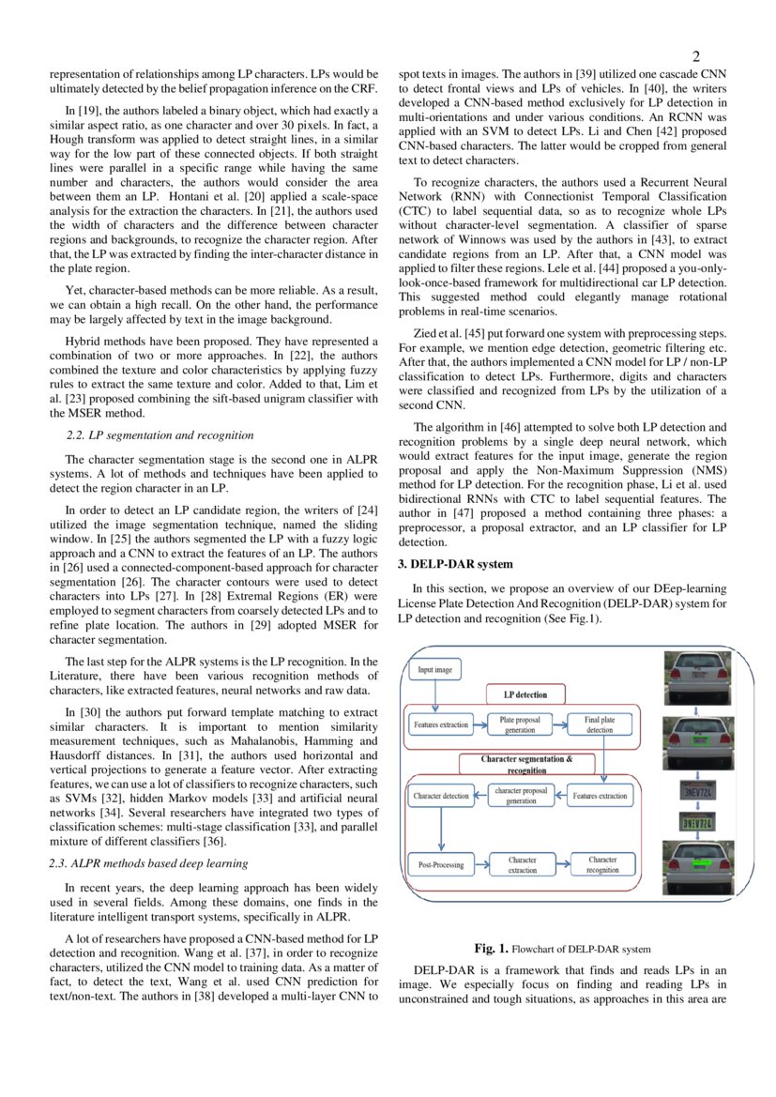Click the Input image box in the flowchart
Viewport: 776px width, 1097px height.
(x=434, y=670)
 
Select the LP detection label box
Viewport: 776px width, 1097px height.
(x=525, y=695)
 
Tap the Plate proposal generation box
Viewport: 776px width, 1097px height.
(x=520, y=724)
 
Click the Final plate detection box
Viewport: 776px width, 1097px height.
(x=600, y=724)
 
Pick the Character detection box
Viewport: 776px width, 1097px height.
(x=441, y=796)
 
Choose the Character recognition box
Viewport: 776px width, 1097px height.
(x=602, y=864)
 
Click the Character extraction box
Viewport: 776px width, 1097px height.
(x=523, y=864)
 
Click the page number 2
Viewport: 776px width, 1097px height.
(x=696, y=55)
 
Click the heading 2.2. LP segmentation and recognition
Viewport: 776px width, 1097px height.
(x=160, y=434)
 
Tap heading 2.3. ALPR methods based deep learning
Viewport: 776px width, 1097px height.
(x=148, y=863)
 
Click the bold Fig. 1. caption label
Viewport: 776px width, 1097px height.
(x=492, y=949)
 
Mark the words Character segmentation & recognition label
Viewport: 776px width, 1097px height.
(x=526, y=764)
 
